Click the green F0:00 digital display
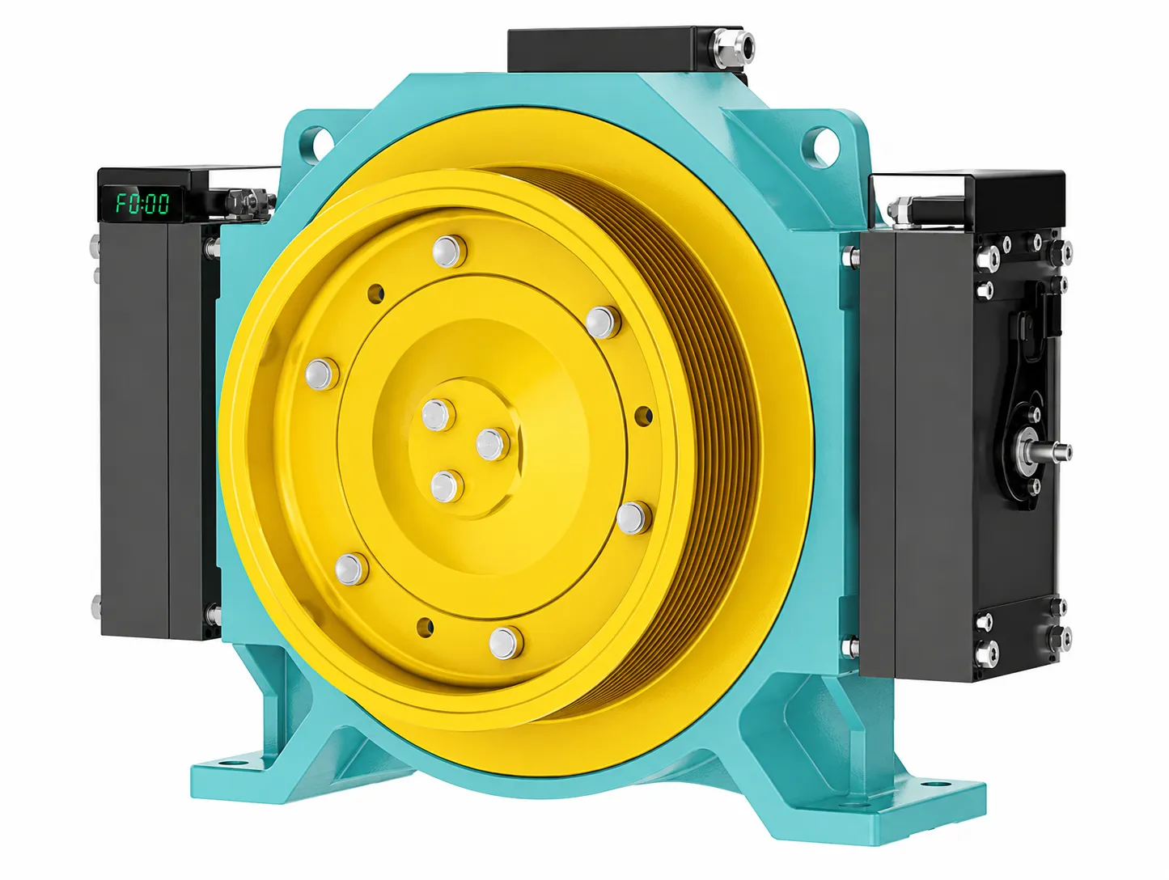142,203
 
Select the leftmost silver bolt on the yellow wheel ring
322,374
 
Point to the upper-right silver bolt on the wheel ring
603,322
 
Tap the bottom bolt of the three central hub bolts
447,486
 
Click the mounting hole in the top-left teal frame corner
316,140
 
